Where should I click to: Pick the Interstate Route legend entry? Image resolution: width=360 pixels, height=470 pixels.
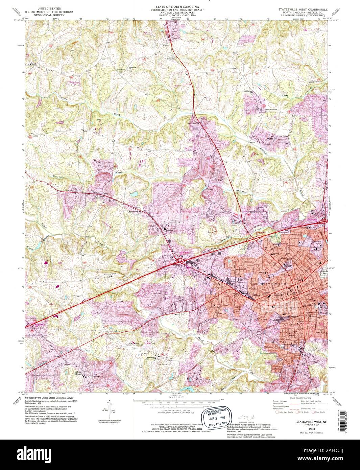(x=284, y=412)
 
